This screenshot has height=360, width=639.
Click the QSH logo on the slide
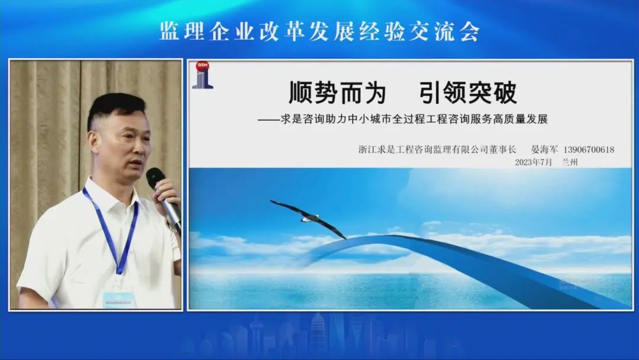click(x=202, y=75)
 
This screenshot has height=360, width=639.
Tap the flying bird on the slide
click(x=308, y=218)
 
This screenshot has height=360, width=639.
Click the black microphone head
click(x=155, y=178)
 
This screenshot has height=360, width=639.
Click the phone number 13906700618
click(x=589, y=150)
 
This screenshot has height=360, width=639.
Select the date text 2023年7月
click(x=534, y=162)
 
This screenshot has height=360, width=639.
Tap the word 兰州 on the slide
click(x=570, y=162)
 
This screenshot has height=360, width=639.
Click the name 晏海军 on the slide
click(x=544, y=150)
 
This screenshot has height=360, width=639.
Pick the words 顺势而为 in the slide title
click(x=337, y=92)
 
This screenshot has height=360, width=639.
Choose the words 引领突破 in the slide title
click(x=468, y=92)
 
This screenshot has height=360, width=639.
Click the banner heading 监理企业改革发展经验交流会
click(x=319, y=31)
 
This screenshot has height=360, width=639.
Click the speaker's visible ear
click(x=93, y=141)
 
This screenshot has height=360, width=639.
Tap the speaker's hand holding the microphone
click(x=167, y=192)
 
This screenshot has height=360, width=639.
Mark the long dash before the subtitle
click(x=269, y=120)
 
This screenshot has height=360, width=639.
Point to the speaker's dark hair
click(x=114, y=108)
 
